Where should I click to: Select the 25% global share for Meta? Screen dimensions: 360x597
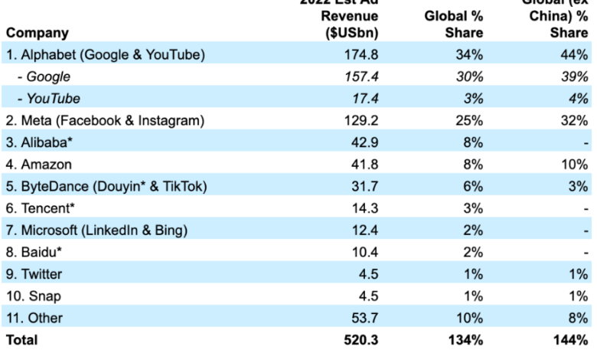click(x=469, y=119)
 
